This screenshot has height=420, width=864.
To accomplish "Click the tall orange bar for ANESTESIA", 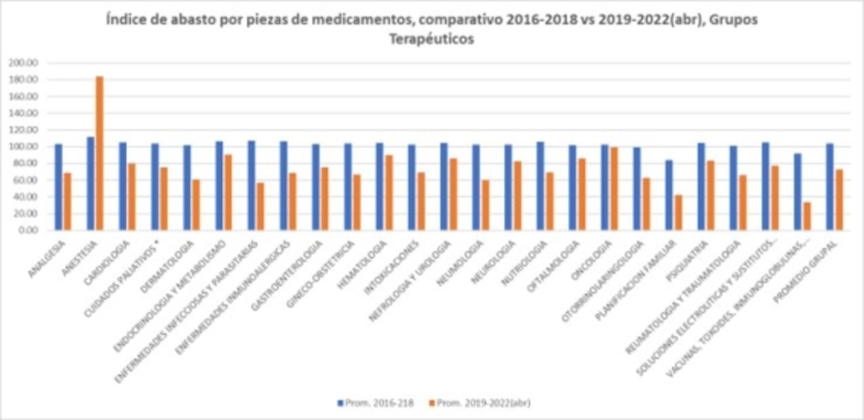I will (100, 153).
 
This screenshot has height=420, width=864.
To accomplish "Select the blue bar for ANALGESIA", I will (58, 187).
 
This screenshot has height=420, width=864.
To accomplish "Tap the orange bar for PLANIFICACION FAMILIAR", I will (678, 213).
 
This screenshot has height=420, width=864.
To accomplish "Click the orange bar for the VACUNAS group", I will (806, 216).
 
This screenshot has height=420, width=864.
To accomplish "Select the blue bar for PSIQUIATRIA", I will (701, 186).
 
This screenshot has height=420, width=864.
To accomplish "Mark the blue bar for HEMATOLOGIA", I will (380, 186).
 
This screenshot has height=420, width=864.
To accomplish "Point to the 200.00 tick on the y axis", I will (23, 63).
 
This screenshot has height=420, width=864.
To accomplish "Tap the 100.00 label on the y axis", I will (23, 146).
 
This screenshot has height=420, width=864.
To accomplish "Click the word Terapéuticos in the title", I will (431, 39).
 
